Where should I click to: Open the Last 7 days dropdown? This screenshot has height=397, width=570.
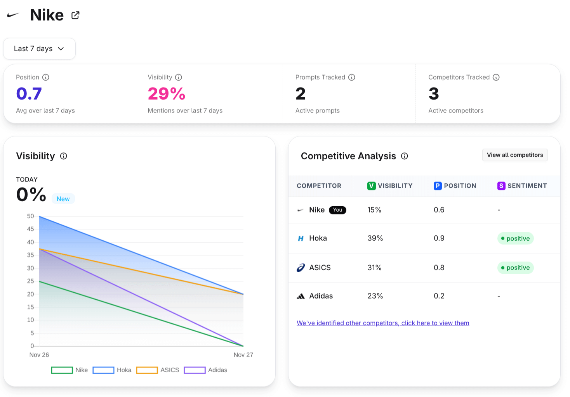click(x=39, y=49)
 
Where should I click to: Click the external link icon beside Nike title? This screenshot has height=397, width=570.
click(x=75, y=15)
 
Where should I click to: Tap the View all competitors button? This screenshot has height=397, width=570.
click(x=514, y=155)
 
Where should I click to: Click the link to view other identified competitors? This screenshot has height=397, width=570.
click(x=382, y=323)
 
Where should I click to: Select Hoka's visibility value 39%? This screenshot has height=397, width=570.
click(x=375, y=238)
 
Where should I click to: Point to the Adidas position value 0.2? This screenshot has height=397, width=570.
click(x=439, y=296)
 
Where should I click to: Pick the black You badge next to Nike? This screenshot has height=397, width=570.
click(x=337, y=210)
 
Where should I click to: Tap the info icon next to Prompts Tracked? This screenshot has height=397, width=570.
click(x=351, y=78)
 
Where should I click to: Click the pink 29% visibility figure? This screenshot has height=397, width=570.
click(x=166, y=94)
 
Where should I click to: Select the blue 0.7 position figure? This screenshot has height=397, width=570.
click(x=29, y=94)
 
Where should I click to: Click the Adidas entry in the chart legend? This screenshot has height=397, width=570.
click(x=206, y=370)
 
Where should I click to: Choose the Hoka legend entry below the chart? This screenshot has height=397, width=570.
click(x=112, y=370)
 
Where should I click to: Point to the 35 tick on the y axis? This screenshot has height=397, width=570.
click(x=30, y=255)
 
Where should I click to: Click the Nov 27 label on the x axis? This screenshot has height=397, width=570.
click(x=243, y=355)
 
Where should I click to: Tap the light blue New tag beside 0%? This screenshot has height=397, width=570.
click(x=63, y=199)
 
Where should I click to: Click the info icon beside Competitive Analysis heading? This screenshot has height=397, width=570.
click(x=404, y=156)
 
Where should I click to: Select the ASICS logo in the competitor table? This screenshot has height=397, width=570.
click(x=301, y=268)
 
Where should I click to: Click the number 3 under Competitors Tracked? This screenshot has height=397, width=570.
click(x=433, y=94)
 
